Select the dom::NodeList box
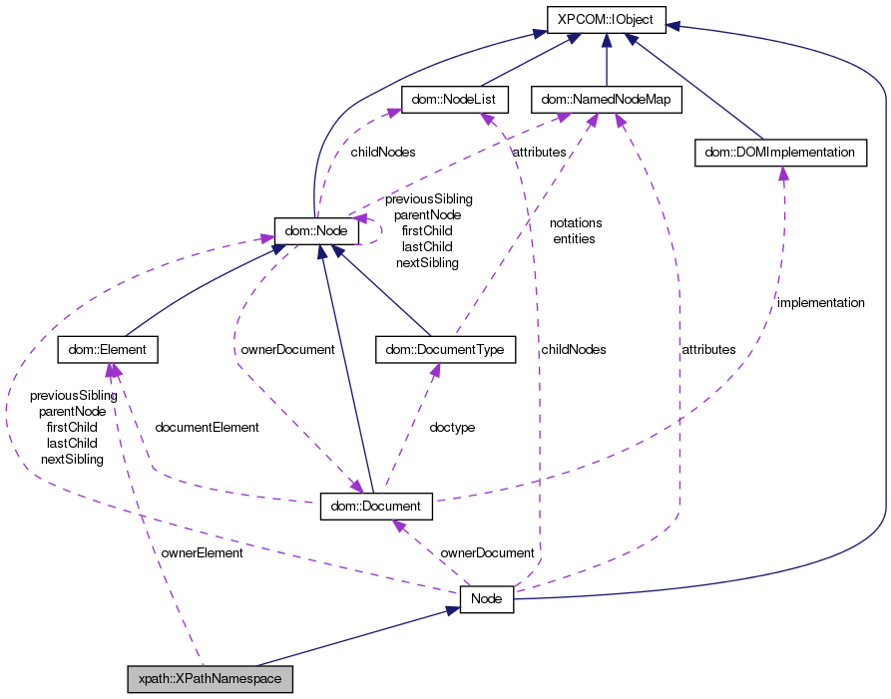click(455, 99)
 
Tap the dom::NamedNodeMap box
click(607, 99)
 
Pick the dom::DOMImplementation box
click(779, 153)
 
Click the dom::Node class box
click(316, 230)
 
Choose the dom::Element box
click(108, 349)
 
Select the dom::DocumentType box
click(445, 349)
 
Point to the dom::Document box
click(376, 506)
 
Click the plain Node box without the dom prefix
click(486, 598)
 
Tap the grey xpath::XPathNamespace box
click(211, 679)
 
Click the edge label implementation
click(820, 302)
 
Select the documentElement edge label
click(207, 427)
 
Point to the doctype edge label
click(452, 427)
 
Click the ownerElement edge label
click(202, 552)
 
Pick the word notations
click(576, 222)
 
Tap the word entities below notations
click(574, 238)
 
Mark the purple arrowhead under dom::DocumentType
click(436, 370)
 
